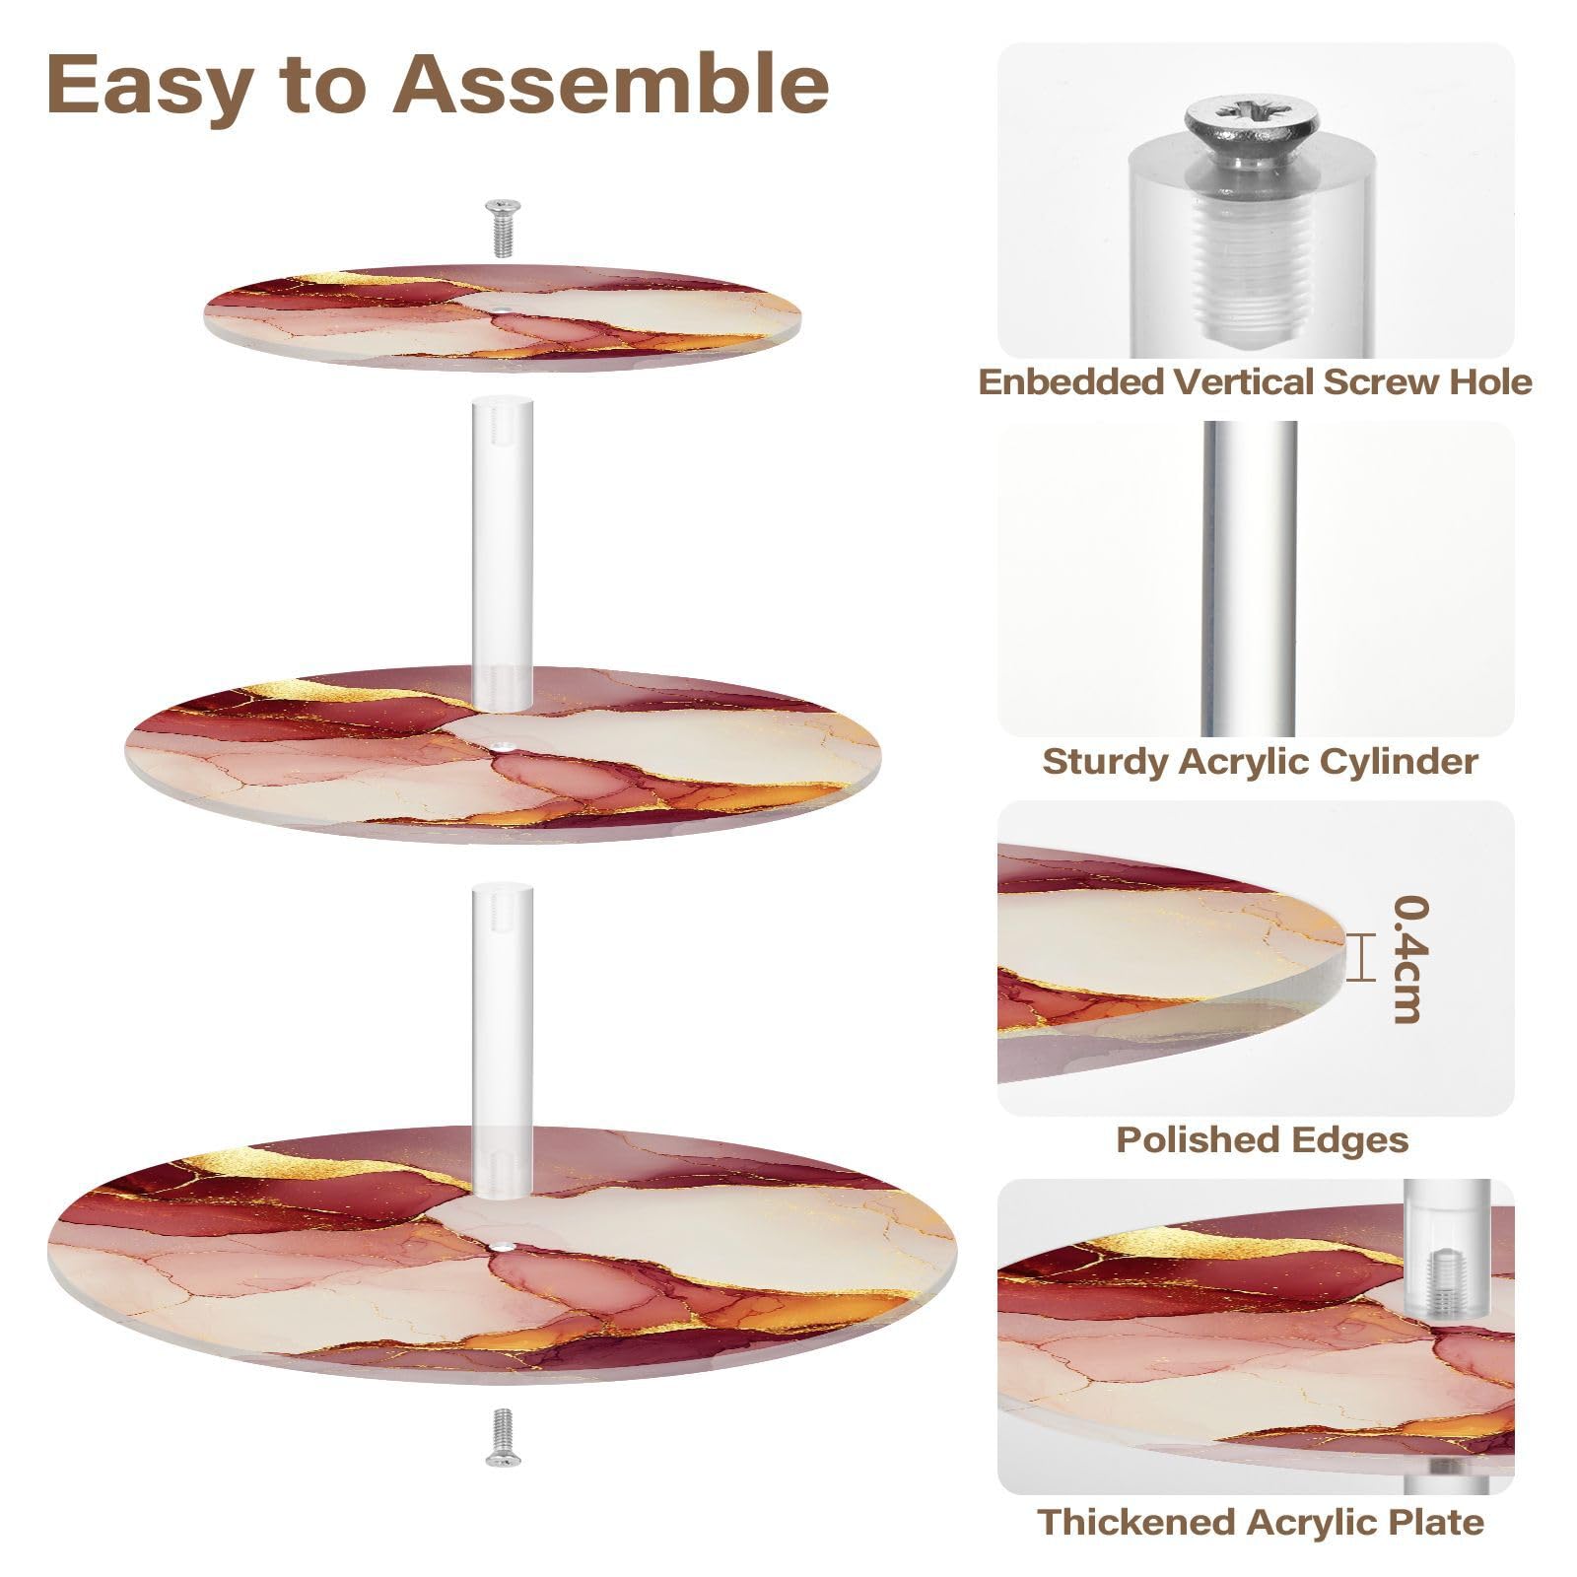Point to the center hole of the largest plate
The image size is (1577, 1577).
click(504, 1248)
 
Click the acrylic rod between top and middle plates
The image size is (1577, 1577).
click(503, 552)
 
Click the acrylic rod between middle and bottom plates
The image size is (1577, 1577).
click(503, 1035)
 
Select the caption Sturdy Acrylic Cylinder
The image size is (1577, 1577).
click(1260, 761)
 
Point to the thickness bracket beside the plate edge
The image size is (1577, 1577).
click(1361, 958)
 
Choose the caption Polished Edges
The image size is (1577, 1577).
click(1262, 1139)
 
